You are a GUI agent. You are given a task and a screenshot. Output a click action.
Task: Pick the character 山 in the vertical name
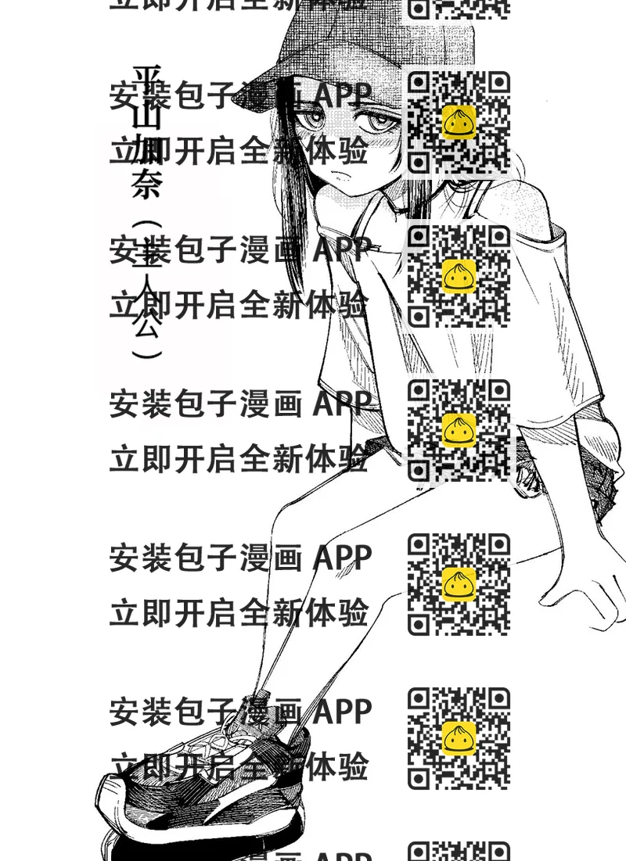(146, 116)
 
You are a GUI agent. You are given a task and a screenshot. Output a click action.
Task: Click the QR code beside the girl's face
(459, 122)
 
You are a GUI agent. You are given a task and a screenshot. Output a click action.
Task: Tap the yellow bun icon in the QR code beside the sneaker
(459, 738)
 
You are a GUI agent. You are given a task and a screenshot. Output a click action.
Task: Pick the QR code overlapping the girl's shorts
(459, 430)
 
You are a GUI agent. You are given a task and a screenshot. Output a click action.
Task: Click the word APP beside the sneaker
(342, 712)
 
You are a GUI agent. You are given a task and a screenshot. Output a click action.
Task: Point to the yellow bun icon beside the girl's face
(459, 122)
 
